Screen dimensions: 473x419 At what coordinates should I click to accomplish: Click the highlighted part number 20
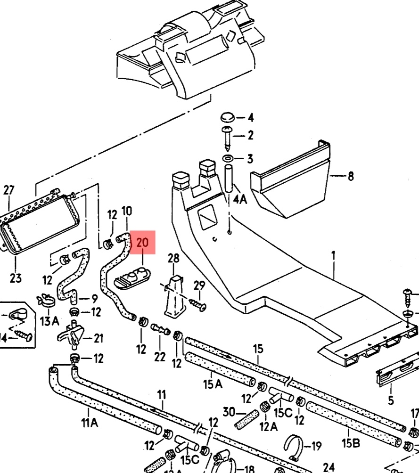point(142,243)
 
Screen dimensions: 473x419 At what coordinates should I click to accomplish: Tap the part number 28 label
point(173,258)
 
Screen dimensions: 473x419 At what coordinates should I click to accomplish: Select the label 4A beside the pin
point(240,199)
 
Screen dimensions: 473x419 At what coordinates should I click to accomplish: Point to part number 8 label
point(350,177)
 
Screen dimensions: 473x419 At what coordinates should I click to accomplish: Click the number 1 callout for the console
point(333,255)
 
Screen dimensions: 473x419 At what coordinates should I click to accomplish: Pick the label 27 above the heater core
point(9,190)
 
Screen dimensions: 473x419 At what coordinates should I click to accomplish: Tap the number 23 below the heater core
point(16,278)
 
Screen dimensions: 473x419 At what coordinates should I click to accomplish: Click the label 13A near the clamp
point(49,321)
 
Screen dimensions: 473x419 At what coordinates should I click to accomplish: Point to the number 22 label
point(160,356)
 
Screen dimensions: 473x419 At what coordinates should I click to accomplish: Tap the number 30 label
point(229,412)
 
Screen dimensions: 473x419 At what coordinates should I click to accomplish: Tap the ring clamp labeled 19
point(295,446)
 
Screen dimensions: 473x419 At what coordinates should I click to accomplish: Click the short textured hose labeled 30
point(247,419)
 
